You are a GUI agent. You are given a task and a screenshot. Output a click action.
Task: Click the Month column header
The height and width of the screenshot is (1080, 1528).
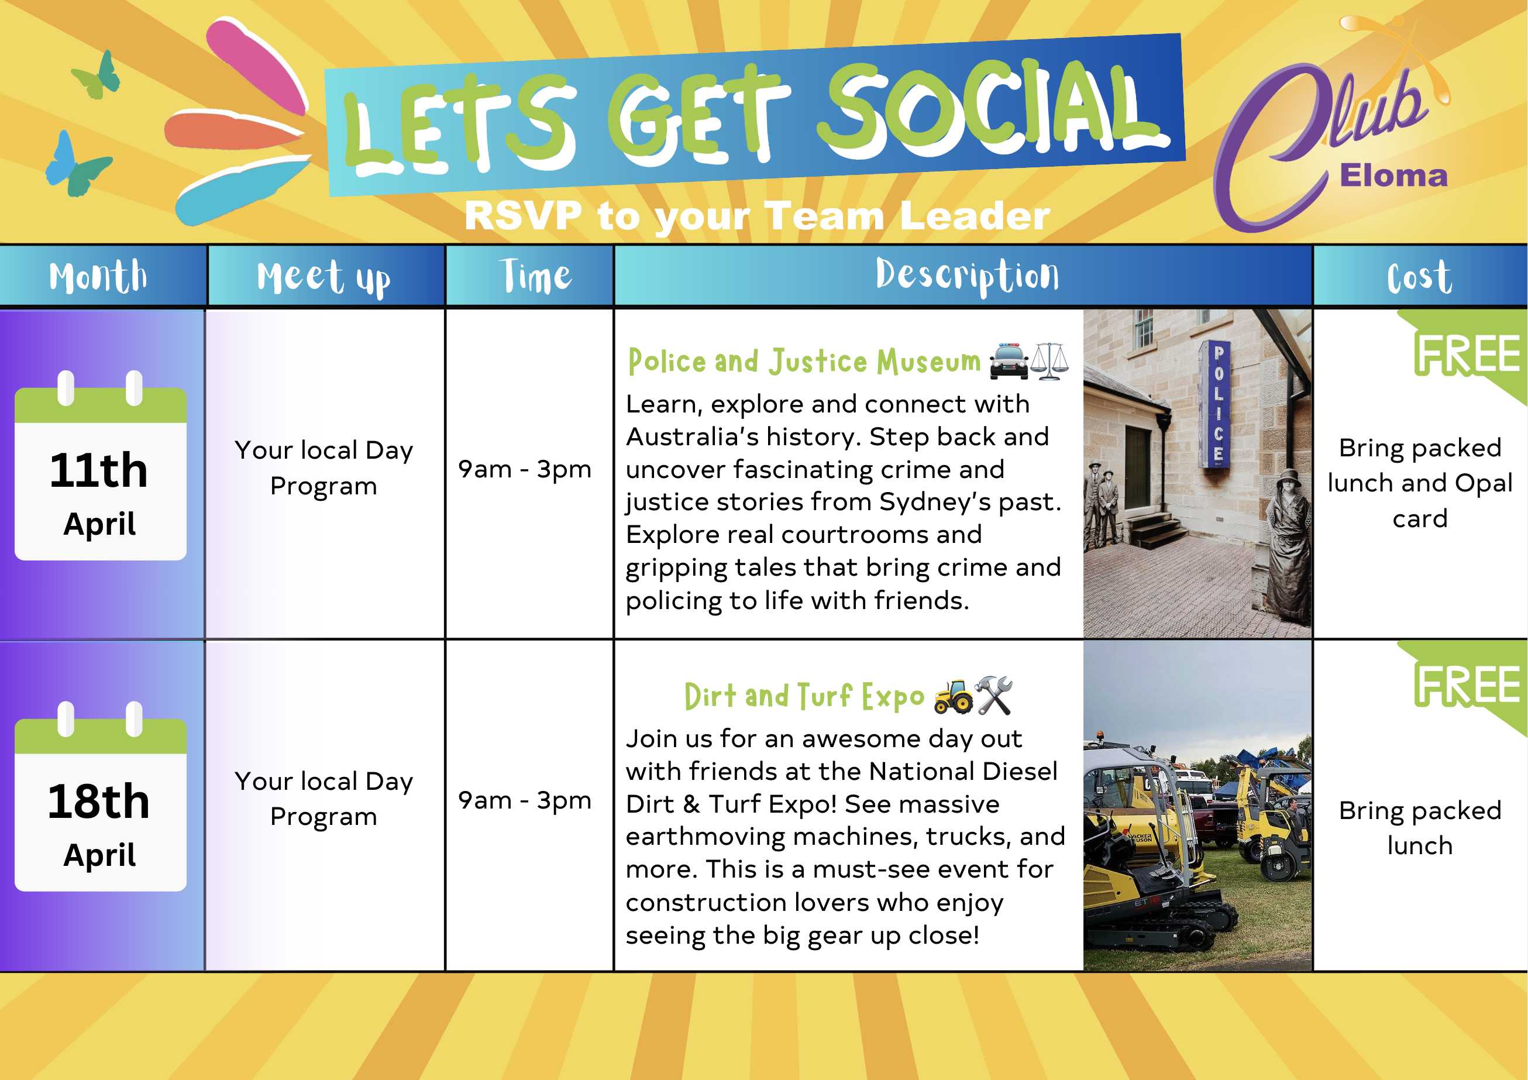pos(98,276)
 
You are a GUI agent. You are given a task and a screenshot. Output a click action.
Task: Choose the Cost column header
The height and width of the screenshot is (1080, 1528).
pos(1420,276)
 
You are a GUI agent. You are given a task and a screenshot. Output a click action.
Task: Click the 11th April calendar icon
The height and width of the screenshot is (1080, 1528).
pos(101,465)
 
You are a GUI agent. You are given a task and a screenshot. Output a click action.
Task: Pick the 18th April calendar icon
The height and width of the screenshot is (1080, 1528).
pos(101,796)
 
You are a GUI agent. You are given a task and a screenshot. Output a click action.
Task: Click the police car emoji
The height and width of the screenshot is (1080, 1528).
pos(1009,362)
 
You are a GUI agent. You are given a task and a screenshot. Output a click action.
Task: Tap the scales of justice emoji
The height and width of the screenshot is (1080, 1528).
pos(1049,362)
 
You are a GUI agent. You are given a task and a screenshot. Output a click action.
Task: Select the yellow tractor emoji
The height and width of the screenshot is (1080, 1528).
pos(953,696)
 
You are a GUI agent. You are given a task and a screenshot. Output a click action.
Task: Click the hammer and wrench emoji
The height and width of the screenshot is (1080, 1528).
pos(993,696)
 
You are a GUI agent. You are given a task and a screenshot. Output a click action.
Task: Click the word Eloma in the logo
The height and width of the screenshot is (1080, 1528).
pos(1393,176)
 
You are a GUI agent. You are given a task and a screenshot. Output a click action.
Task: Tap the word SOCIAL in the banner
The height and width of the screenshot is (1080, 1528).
pos(992,110)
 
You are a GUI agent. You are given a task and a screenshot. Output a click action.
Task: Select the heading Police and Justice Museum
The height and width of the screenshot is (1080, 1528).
pos(804,362)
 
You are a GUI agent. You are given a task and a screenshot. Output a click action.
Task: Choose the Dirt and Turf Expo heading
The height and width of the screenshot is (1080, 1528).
pos(804,696)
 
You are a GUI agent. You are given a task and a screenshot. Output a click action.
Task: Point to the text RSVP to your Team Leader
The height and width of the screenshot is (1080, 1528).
pos(758,216)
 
